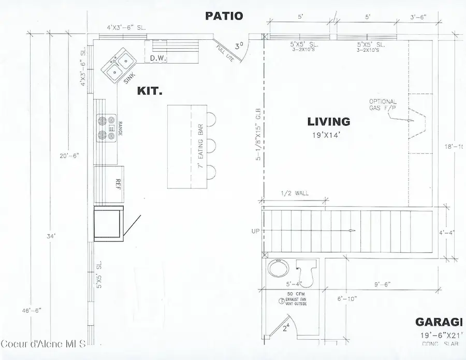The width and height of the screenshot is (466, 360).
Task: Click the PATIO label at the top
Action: tap(224, 16)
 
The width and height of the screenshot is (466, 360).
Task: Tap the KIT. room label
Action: tap(150, 91)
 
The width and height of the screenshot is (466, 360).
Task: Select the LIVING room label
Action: tap(329, 122)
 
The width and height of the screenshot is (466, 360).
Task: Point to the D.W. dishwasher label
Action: tap(158, 58)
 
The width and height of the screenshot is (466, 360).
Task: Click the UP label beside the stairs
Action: tap(255, 231)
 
